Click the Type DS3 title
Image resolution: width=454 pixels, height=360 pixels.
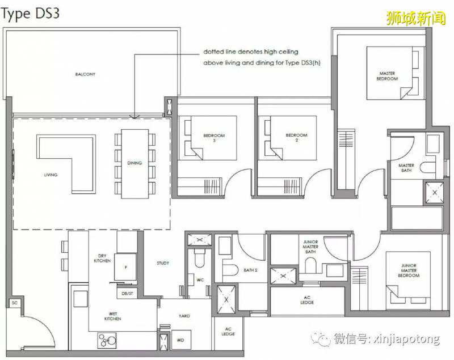(30, 14)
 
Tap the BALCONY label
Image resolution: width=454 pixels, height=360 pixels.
(85, 74)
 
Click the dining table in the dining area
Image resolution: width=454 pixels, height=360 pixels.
(134, 164)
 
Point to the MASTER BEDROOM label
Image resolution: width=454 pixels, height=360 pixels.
(387, 76)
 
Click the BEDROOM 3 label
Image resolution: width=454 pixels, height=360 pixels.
(214, 138)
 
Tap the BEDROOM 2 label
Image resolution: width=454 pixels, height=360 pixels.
(296, 138)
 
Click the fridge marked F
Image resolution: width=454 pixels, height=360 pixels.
(125, 267)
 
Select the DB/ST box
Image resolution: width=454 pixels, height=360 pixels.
(127, 294)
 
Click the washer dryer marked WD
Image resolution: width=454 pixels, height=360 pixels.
(180, 340)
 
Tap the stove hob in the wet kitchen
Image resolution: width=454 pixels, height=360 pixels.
(107, 340)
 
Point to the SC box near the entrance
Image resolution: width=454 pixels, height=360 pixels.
(15, 303)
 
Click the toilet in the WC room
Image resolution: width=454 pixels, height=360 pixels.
(200, 257)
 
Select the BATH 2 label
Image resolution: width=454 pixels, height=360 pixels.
(250, 270)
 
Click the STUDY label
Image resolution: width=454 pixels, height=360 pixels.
(163, 263)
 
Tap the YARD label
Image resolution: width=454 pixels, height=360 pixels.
(184, 316)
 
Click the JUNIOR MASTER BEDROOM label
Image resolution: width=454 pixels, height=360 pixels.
(409, 270)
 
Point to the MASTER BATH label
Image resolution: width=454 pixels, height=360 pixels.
(406, 168)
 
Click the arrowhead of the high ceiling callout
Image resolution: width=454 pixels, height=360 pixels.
(134, 117)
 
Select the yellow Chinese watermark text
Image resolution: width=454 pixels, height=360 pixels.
(415, 18)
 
